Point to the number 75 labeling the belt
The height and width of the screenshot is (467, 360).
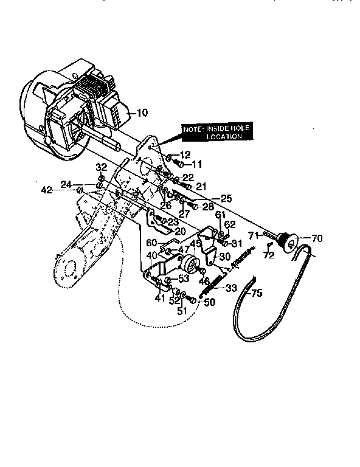click(x=256, y=292)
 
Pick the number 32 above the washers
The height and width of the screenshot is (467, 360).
click(x=101, y=167)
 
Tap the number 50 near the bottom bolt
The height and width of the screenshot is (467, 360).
click(x=210, y=302)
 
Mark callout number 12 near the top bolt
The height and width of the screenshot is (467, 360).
click(x=185, y=154)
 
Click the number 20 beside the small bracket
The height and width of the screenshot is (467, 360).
click(x=180, y=231)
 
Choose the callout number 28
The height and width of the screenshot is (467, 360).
click(x=208, y=207)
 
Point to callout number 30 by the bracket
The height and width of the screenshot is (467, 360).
click(x=224, y=257)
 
